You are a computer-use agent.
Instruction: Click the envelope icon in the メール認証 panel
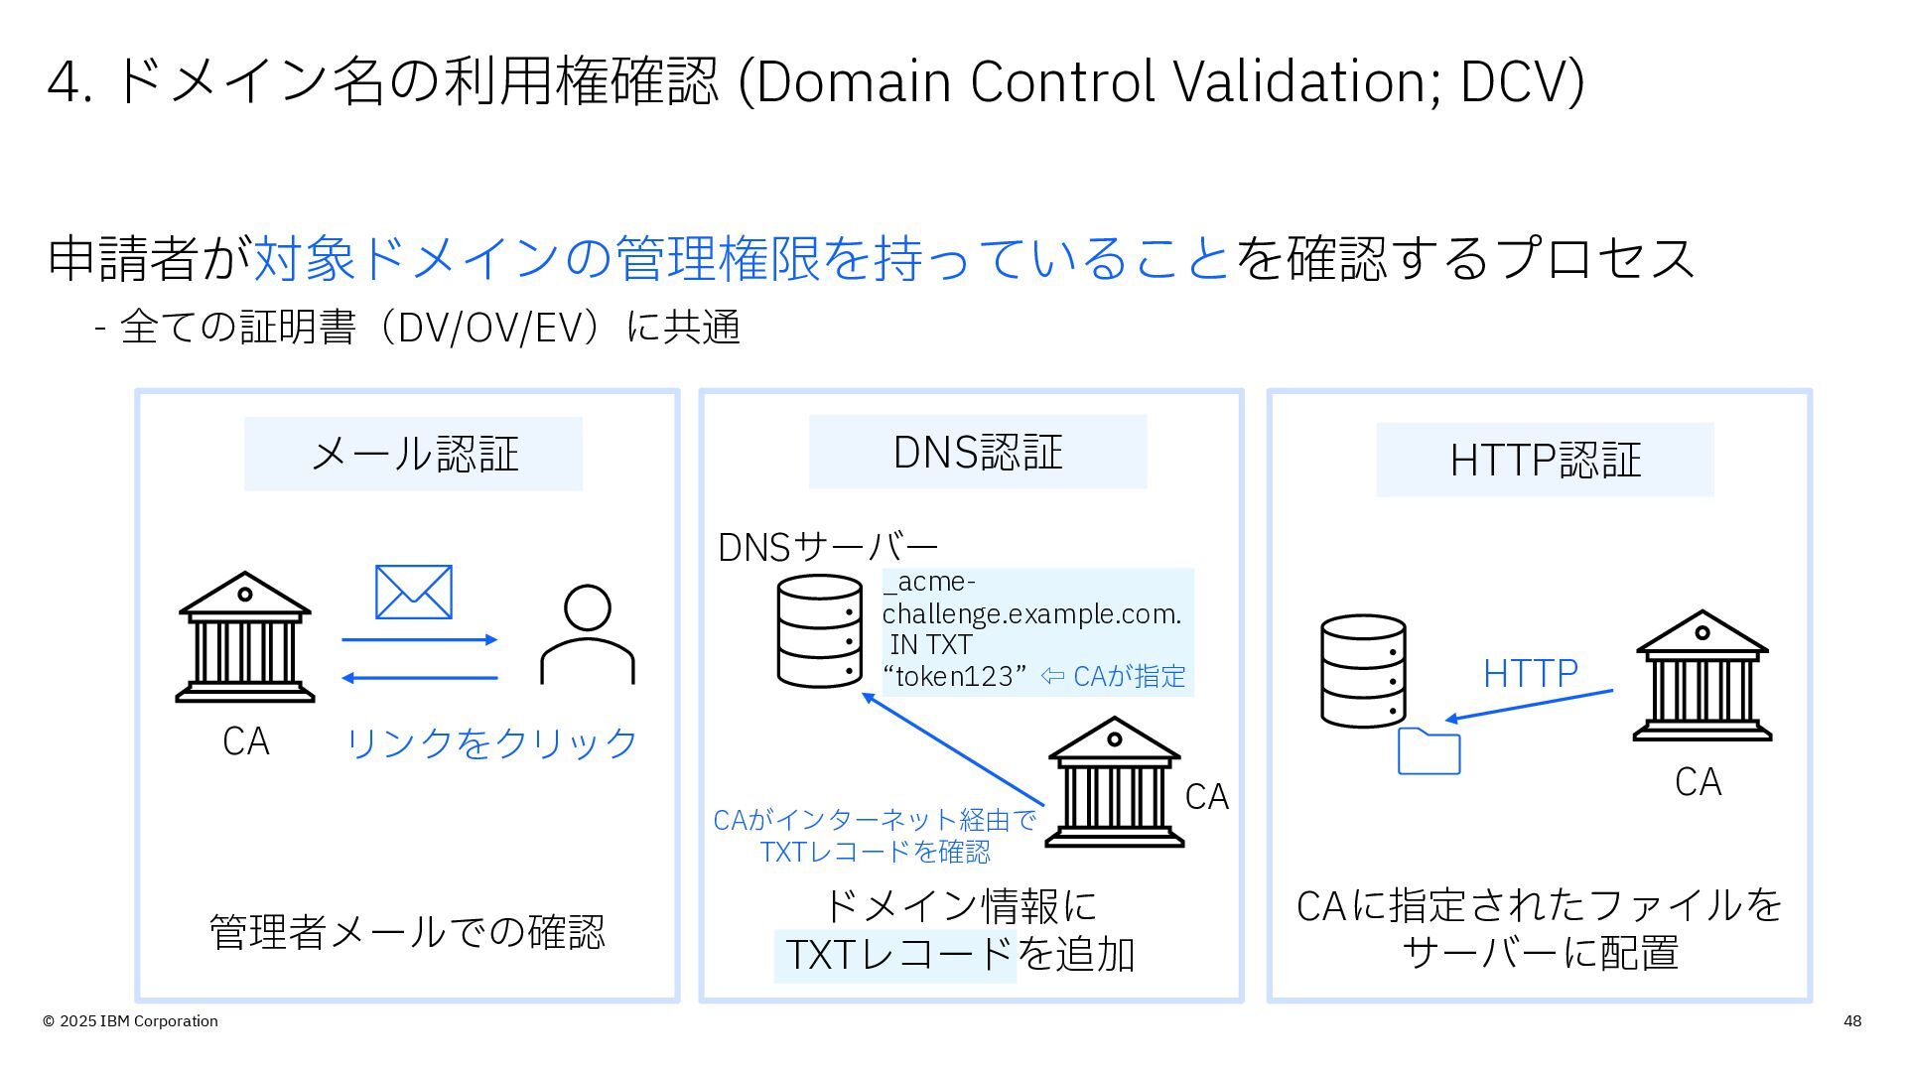click(413, 592)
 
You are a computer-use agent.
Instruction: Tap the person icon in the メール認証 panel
click(587, 635)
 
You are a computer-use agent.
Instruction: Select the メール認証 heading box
click(413, 454)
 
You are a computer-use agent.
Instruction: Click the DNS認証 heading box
click(977, 453)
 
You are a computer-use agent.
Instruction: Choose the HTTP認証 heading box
click(1544, 460)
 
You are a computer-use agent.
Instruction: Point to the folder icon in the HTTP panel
click(1429, 750)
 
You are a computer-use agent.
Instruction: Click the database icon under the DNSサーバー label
click(819, 631)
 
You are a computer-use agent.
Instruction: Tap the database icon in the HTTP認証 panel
click(1363, 671)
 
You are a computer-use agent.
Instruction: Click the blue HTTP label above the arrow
click(1530, 674)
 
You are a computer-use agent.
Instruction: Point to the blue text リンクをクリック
click(491, 742)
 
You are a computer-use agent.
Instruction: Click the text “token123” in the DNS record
click(954, 677)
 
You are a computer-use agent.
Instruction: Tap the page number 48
click(1851, 1021)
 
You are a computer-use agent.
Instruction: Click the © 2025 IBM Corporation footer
click(130, 1021)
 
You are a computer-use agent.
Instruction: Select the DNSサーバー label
click(827, 547)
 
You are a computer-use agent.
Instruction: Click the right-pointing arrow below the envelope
click(419, 640)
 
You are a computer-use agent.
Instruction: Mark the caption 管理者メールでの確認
click(407, 932)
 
